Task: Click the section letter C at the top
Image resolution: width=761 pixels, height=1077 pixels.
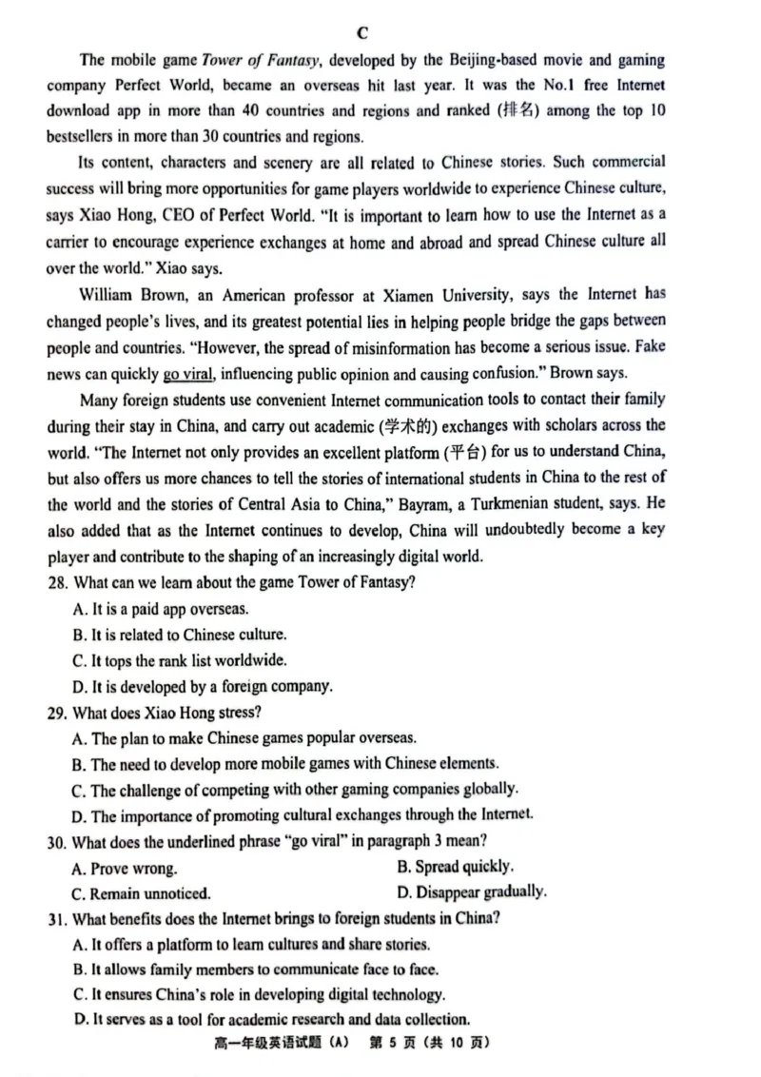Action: click(362, 32)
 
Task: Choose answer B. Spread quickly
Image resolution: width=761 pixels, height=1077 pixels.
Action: click(455, 867)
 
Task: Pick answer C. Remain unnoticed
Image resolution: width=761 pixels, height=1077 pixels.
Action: click(141, 893)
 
